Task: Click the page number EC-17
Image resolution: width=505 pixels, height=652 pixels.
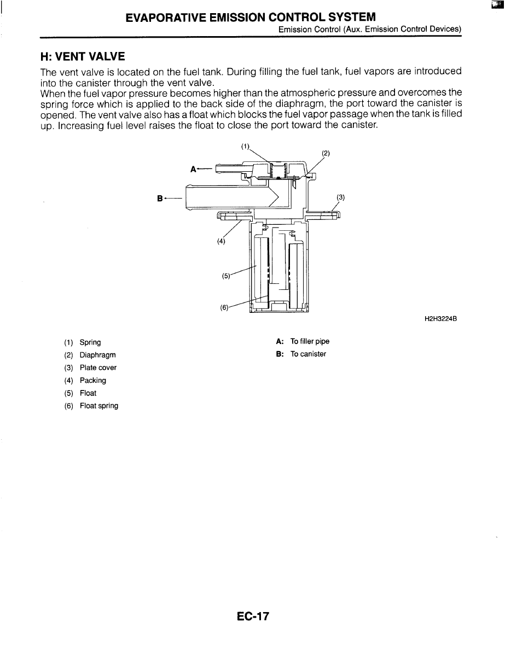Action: point(253,616)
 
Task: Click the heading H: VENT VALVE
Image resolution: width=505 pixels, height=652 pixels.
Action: point(83,56)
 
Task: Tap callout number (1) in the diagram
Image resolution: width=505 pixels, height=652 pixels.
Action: point(245,146)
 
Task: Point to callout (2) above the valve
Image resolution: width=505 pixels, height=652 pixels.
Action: point(326,153)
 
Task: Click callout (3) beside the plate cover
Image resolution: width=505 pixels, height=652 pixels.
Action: point(340,197)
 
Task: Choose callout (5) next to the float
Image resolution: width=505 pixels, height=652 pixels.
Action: point(226,276)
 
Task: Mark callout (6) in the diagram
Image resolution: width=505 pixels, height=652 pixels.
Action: point(224,307)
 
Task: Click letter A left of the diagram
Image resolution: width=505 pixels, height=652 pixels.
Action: point(193,169)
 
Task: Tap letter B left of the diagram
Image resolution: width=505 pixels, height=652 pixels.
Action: point(160,198)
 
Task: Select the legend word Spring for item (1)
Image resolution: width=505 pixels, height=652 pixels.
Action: point(90,342)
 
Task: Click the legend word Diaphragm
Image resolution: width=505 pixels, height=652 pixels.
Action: point(97,355)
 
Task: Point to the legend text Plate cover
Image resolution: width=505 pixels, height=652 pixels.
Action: point(98,368)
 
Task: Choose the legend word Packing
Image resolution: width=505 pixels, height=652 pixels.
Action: point(93,380)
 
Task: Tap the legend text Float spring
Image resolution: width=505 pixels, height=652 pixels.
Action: point(99,406)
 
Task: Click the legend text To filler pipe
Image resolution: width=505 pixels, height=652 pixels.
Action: point(310,341)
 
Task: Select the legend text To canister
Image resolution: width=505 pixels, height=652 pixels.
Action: point(308,354)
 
